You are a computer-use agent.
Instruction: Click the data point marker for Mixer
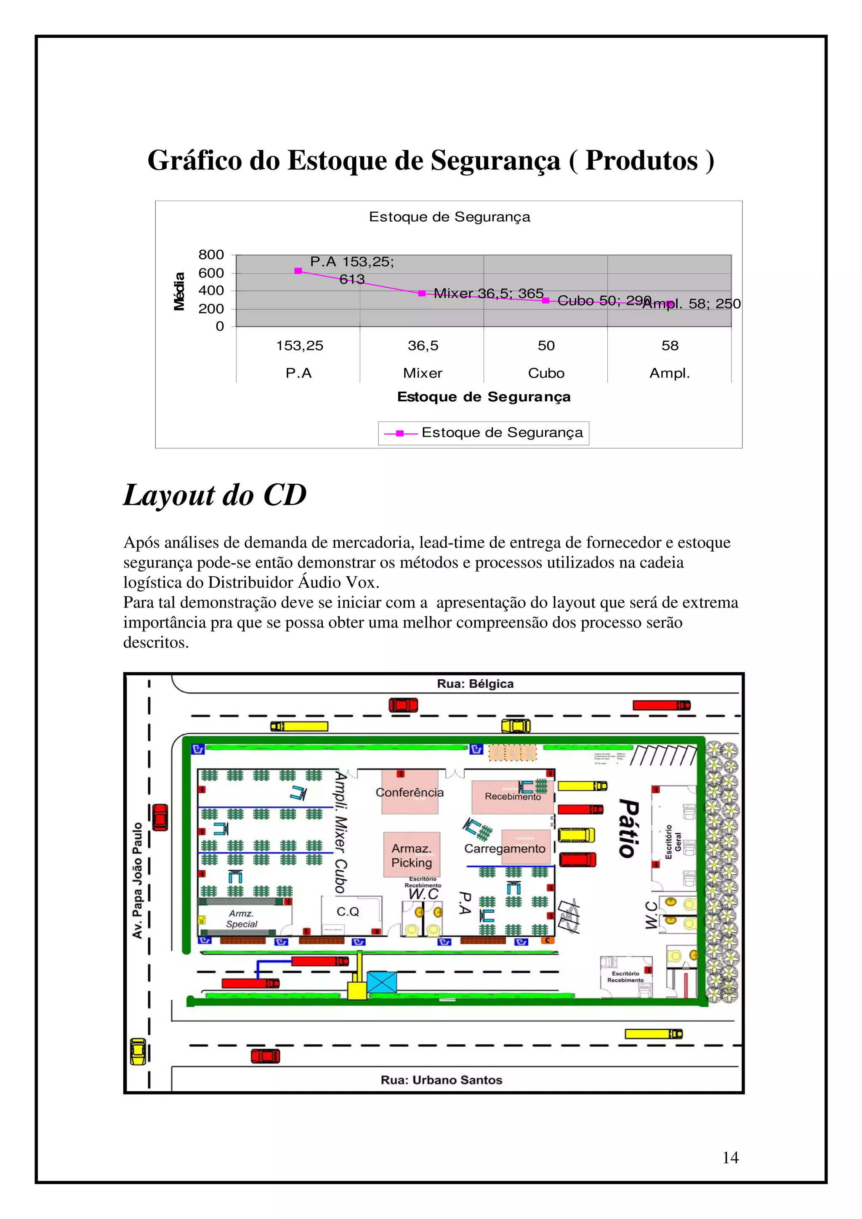click(422, 293)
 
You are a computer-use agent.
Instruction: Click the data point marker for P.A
click(298, 271)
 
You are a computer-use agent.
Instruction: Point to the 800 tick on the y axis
click(211, 255)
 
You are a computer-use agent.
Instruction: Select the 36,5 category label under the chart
click(423, 346)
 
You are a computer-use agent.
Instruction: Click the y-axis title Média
click(180, 291)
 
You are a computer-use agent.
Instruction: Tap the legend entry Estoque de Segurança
click(483, 433)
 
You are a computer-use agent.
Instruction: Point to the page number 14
click(730, 1158)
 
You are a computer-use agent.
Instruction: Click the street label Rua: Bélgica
click(475, 684)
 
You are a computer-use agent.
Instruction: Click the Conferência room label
click(410, 792)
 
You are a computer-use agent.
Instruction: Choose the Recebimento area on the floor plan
click(513, 796)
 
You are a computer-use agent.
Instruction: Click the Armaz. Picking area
click(412, 855)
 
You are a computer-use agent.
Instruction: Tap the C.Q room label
click(348, 911)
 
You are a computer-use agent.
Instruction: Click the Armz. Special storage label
click(242, 919)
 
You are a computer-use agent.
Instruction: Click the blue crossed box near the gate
click(381, 982)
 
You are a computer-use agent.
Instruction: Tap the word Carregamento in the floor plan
click(505, 848)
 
